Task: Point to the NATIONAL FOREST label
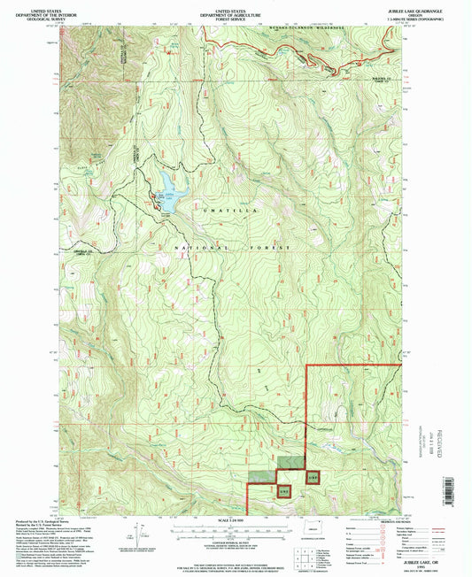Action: click(232, 249)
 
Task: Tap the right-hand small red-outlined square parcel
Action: click(312, 476)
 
